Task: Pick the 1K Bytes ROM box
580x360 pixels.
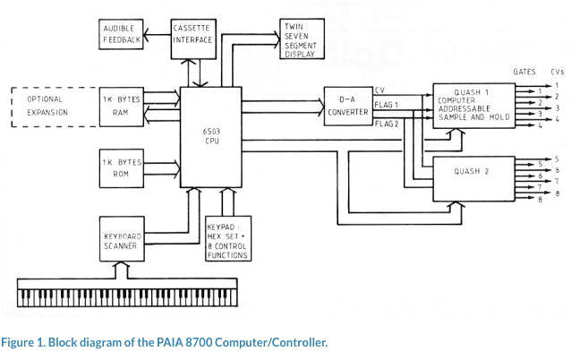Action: pos(122,167)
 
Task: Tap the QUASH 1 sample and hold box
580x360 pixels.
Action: pos(474,107)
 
